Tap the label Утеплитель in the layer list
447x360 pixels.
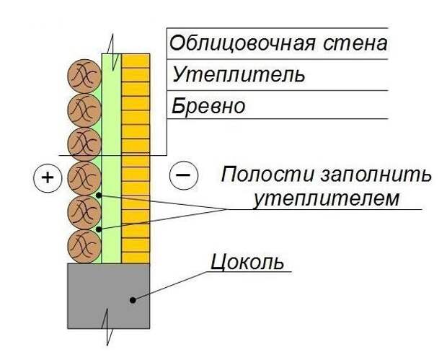[228, 75]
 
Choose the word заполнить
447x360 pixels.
[368, 175]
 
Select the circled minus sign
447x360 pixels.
[182, 174]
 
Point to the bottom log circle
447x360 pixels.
[84, 246]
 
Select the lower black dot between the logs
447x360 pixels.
[98, 229]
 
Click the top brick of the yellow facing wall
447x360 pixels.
[136, 60]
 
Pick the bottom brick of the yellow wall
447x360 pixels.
[136, 256]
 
